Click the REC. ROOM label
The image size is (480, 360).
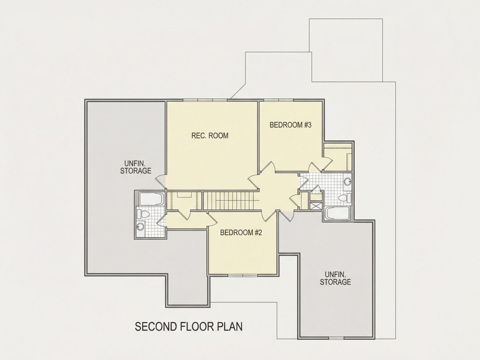[210, 135]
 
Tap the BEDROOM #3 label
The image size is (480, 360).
[291, 125]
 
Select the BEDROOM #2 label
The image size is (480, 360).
[241, 233]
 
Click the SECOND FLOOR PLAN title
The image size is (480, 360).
[189, 327]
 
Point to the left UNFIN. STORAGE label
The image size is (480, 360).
[136, 167]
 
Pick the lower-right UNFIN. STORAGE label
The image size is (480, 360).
[336, 278]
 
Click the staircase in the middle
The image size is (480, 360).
[231, 201]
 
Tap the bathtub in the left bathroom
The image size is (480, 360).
[151, 199]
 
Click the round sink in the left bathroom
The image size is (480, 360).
[140, 227]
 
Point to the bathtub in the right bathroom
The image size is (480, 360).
[337, 213]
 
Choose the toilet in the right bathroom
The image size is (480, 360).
[345, 198]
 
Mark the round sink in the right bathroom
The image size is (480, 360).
[347, 182]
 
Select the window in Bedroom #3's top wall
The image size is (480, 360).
[278, 100]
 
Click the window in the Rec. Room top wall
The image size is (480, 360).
[206, 100]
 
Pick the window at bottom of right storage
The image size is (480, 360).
[336, 338]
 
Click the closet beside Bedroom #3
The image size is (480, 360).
[338, 157]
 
